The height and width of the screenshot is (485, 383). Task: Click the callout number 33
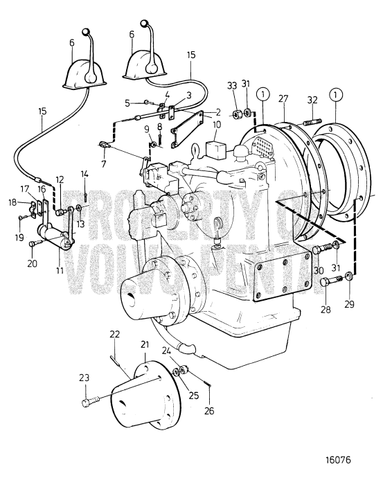point(232,86)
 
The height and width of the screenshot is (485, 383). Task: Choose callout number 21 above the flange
point(144,344)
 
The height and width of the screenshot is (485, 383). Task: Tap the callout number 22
point(115,335)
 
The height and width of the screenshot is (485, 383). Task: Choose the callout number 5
point(127,103)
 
